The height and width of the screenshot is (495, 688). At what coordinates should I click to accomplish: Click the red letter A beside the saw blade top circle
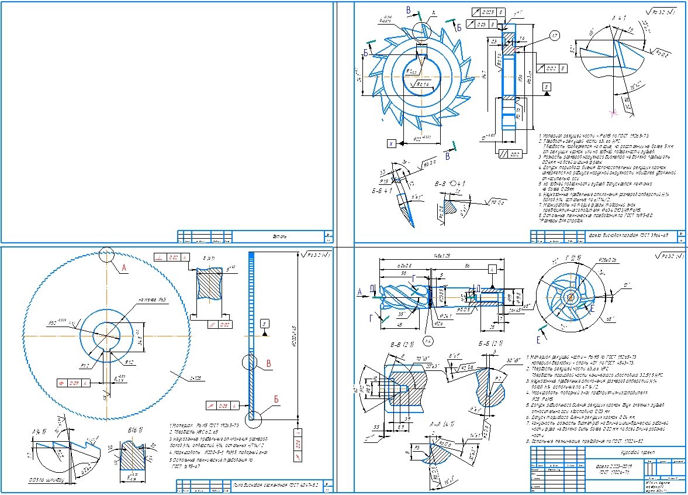[123, 268]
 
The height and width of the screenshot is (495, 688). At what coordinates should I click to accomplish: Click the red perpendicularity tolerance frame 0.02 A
[171, 257]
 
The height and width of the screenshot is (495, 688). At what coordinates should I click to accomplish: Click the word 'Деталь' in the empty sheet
[279, 236]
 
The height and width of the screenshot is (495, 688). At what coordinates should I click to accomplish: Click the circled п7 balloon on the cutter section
[554, 37]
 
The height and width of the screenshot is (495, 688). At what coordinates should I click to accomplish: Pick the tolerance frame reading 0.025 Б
[484, 12]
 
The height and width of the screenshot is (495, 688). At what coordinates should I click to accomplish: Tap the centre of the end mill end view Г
[570, 297]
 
